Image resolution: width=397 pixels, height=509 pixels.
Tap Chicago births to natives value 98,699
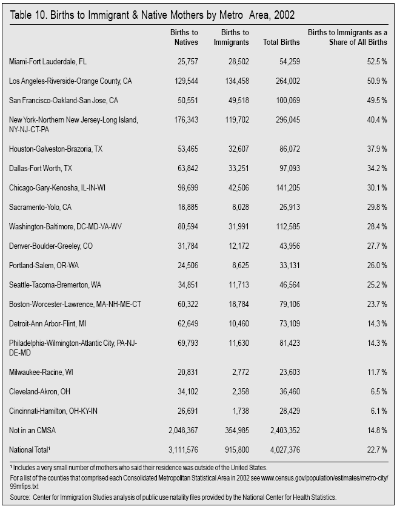point(186,188)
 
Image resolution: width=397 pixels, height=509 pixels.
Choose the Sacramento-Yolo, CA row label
point(41,207)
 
